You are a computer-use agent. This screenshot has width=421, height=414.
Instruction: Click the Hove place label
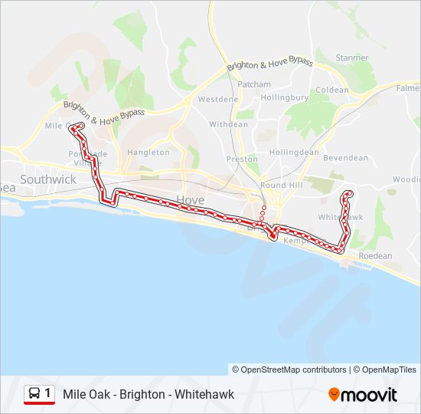[190, 200]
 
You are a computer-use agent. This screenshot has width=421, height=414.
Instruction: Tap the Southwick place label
[48, 179]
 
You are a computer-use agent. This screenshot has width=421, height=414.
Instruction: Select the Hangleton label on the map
[148, 153]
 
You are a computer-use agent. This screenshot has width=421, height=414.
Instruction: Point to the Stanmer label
[352, 58]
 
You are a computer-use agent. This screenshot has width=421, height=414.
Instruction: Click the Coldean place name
[332, 90]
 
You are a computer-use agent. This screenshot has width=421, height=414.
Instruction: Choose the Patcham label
[254, 84]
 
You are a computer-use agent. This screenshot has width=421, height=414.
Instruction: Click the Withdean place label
[229, 124]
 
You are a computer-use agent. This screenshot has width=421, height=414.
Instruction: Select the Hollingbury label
[284, 98]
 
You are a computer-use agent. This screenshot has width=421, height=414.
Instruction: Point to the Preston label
[242, 159]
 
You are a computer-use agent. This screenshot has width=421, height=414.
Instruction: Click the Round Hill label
[283, 186]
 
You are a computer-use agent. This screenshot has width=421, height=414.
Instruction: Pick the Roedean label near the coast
[375, 256]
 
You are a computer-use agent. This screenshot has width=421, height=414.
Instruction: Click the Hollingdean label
[294, 153]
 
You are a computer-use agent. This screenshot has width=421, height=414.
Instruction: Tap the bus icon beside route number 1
[34, 394]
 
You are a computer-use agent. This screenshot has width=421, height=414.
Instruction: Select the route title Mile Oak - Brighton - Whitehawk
[149, 395]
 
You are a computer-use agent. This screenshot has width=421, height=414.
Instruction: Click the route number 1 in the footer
[48, 394]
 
